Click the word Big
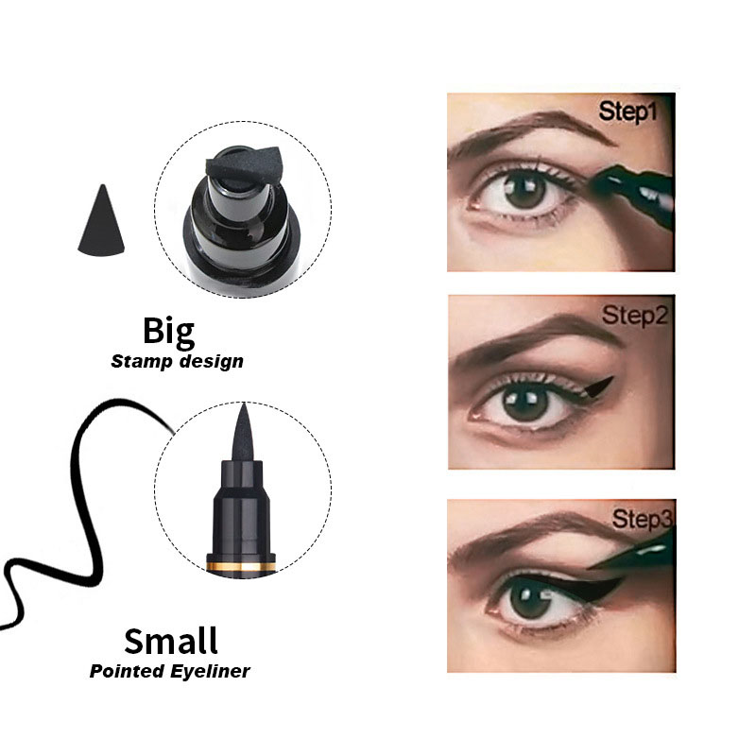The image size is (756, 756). (x=169, y=333)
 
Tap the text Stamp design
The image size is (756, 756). (x=177, y=362)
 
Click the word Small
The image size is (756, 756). (x=171, y=641)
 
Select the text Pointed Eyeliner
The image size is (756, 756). (x=170, y=671)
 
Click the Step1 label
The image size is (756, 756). (x=627, y=112)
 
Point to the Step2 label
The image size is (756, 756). (x=634, y=316)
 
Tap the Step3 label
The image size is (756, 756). (x=643, y=519)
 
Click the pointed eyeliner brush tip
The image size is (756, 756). (x=243, y=433)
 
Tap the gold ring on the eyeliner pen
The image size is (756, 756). (x=241, y=565)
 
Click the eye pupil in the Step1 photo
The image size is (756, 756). (x=524, y=190)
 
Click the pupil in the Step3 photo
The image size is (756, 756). (x=529, y=600)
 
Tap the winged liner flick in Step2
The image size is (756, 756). (x=598, y=387)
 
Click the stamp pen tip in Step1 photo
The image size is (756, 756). (x=631, y=190)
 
